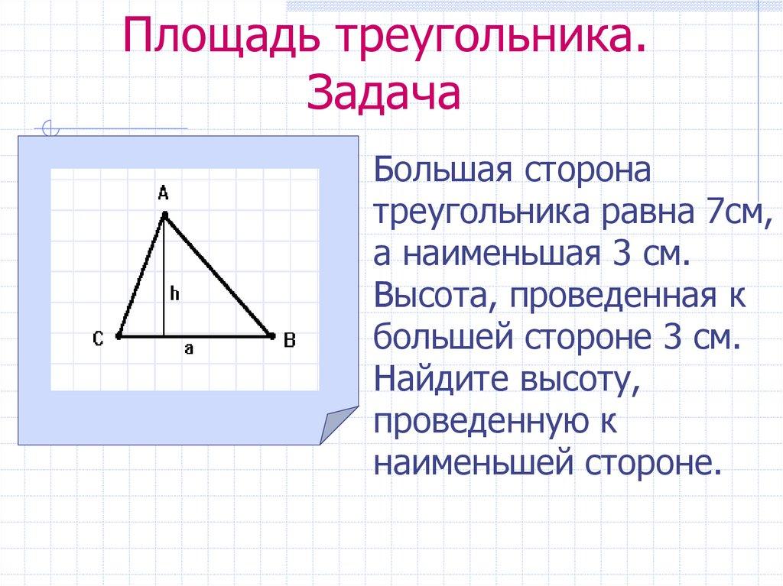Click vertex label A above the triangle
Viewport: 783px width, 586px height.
[163, 194]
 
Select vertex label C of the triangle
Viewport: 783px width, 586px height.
[99, 339]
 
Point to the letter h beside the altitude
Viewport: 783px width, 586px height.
[174, 293]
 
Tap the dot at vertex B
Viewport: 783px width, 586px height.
[271, 335]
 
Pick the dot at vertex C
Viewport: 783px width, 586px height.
[119, 335]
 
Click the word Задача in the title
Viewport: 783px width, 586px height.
[384, 94]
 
